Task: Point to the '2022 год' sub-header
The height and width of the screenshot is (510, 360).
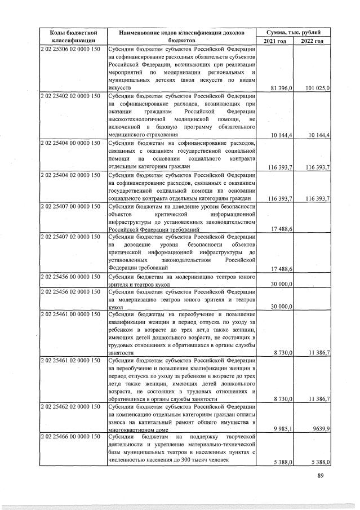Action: (x=312, y=41)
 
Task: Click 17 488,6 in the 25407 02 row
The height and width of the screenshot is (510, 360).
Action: (x=281, y=269)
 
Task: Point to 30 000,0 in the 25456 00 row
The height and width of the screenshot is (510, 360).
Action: (x=281, y=284)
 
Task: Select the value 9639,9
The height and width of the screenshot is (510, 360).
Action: (x=320, y=429)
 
